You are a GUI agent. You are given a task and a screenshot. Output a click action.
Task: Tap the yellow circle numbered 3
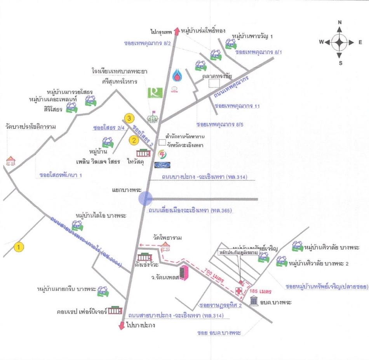129,118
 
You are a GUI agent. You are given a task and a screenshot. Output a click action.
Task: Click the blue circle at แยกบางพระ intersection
146,198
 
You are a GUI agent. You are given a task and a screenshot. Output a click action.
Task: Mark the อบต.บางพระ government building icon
255,301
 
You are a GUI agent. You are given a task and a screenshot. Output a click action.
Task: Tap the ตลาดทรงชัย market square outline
214,84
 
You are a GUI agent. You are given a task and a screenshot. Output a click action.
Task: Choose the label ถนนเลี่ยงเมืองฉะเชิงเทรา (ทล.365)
190,211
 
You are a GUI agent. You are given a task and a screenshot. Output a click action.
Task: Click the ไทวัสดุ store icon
143,152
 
